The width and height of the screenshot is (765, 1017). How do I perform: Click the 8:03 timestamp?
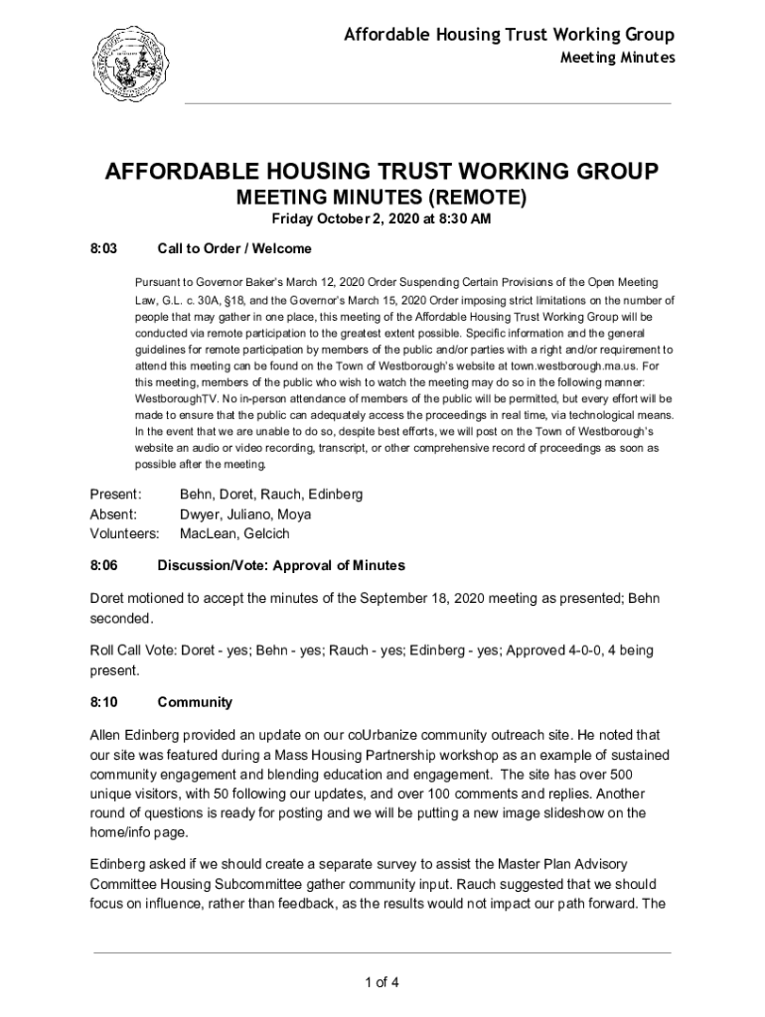104,248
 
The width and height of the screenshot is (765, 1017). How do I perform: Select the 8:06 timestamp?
104,565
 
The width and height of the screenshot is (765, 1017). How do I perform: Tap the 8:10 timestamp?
104,702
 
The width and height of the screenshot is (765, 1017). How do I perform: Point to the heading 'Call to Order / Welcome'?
234,248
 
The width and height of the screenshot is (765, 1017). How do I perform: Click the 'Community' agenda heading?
195,702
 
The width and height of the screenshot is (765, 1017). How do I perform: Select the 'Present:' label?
116,494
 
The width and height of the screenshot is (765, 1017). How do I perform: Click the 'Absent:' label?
113,514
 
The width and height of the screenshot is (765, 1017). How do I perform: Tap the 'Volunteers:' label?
124,534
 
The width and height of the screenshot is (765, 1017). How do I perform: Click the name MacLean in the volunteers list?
207,534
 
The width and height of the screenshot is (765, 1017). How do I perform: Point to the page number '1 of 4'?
382,983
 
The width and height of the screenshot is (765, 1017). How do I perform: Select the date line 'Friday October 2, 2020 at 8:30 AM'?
382,218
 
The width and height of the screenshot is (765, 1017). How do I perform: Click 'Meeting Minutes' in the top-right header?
617,58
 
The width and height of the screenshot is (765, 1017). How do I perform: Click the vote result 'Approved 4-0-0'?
558,651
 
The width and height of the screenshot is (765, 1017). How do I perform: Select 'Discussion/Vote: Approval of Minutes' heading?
281,565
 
